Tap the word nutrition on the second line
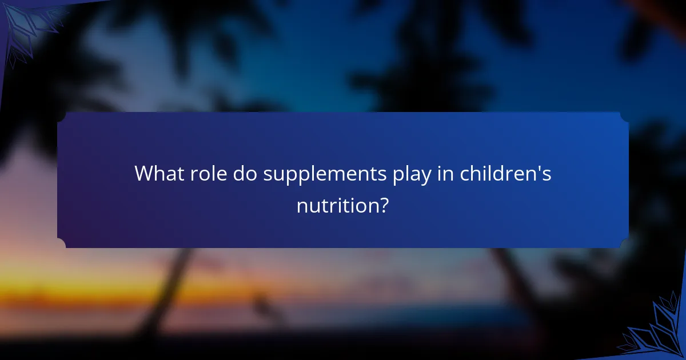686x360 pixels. coord(336,205)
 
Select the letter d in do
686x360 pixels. coord(239,174)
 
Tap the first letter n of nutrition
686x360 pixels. coord(302,206)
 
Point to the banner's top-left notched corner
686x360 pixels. coord(62,117)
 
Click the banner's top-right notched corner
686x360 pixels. coord(624,117)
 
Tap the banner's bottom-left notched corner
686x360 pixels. coord(62,243)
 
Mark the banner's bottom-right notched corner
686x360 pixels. coord(624,243)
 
